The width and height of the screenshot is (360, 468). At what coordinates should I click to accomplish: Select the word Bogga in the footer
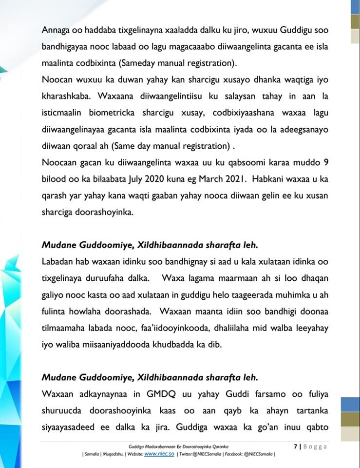(x=315, y=446)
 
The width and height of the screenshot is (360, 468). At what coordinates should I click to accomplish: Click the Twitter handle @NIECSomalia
(x=201, y=454)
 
